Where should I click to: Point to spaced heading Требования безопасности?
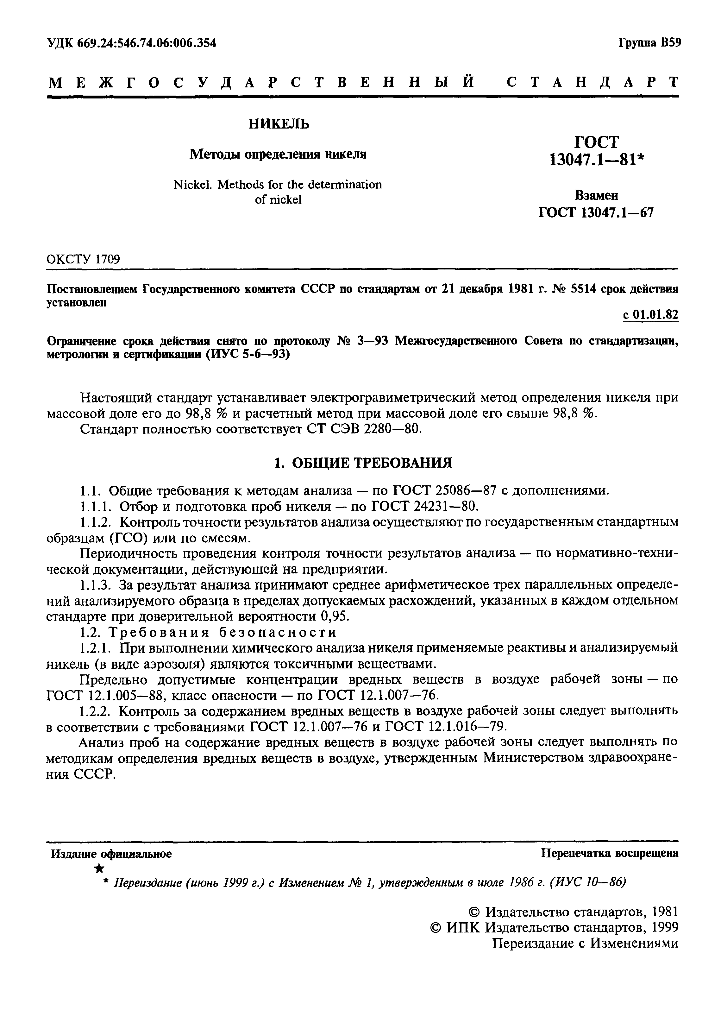tap(223, 632)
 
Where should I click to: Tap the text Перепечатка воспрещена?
tap(609, 853)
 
